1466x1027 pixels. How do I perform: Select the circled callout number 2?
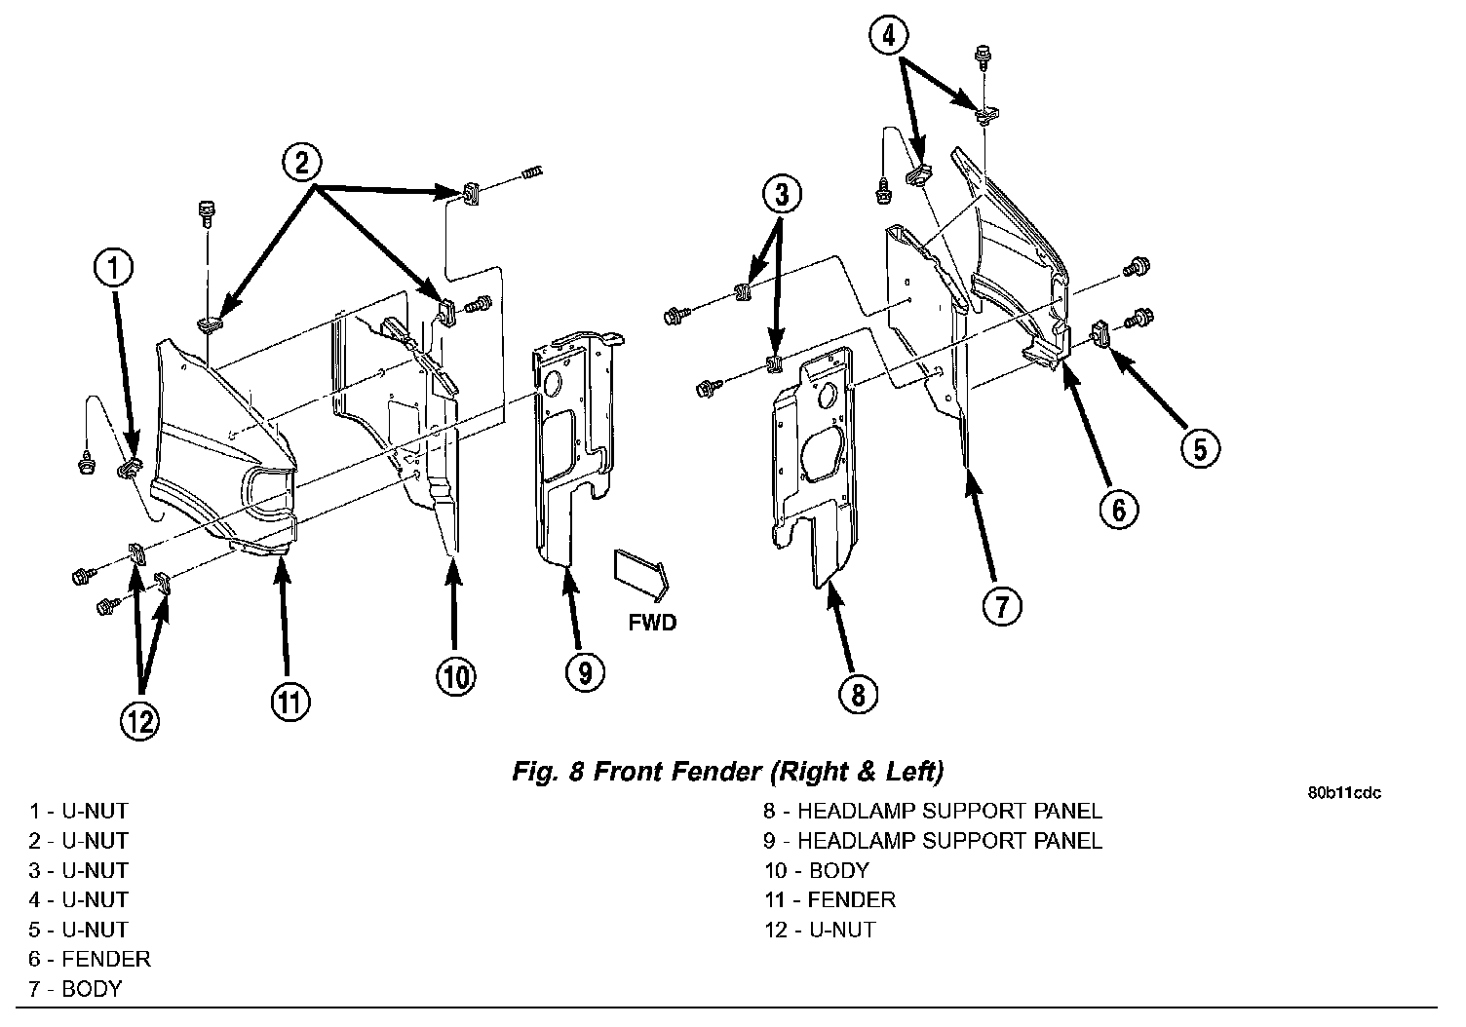click(x=301, y=163)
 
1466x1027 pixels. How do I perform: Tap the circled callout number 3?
click(x=781, y=195)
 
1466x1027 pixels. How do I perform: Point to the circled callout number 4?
click(x=888, y=37)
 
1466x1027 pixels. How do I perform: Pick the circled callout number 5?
click(x=1200, y=448)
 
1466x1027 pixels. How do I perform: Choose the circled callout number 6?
click(x=1118, y=508)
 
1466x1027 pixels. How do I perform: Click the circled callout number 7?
click(x=1001, y=606)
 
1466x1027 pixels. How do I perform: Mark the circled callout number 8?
click(x=858, y=694)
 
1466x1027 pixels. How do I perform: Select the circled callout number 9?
click(x=584, y=672)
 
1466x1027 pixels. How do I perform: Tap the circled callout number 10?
click(x=454, y=675)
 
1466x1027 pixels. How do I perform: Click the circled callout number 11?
click(x=289, y=702)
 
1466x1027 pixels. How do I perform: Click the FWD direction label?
click(x=652, y=623)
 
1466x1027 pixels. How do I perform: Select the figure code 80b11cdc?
click(x=1344, y=792)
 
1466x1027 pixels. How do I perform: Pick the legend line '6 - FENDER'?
click(x=90, y=959)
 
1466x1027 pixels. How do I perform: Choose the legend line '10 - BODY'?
click(x=816, y=870)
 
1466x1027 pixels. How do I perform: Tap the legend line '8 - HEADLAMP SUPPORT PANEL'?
click(x=933, y=811)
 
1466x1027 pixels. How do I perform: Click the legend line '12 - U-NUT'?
click(x=820, y=930)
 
